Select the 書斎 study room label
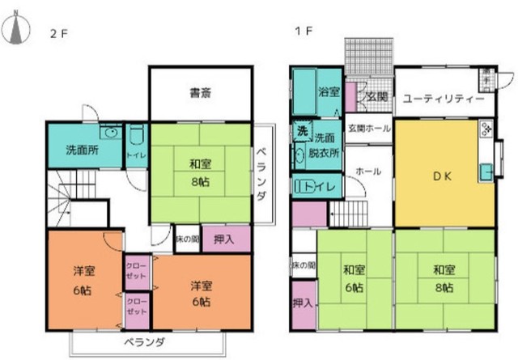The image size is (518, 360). point(201,92)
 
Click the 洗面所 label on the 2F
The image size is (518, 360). point(81,150)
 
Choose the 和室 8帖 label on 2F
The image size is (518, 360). point(200,172)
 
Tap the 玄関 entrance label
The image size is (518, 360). point(376,97)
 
